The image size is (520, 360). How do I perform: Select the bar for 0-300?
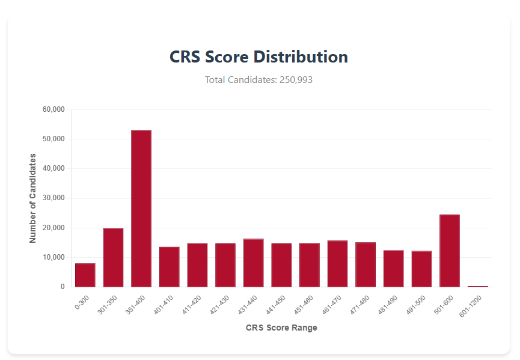(x=85, y=275)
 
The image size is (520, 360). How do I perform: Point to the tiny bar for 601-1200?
(x=478, y=287)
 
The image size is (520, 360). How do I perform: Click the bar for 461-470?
(x=338, y=264)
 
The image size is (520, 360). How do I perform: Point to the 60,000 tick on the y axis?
(x=54, y=110)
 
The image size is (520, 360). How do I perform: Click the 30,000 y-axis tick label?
(x=54, y=198)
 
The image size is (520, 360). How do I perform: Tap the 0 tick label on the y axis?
(x=63, y=287)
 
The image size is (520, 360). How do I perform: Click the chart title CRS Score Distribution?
(x=258, y=57)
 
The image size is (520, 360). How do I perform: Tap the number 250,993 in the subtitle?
(x=296, y=79)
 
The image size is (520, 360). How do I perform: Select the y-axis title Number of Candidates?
(x=33, y=198)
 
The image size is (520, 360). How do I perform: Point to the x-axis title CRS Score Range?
(x=281, y=328)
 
